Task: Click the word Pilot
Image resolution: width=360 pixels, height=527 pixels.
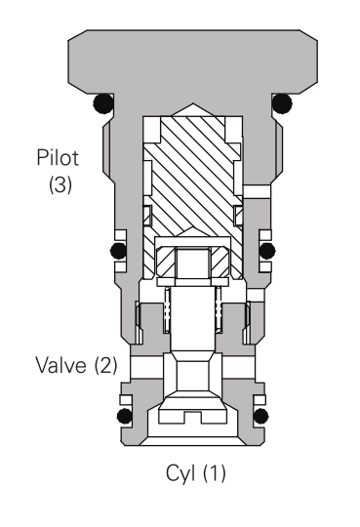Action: [x=58, y=157]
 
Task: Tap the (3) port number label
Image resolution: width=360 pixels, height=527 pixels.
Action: [x=60, y=184]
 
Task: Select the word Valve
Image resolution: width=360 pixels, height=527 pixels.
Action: [x=60, y=365]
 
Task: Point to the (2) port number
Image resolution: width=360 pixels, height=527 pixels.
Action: [x=105, y=365]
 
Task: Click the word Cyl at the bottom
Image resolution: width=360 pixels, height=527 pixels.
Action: [x=180, y=473]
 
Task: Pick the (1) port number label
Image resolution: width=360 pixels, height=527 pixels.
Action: [x=215, y=473]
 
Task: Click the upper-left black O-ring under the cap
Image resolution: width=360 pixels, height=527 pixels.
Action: [x=103, y=103]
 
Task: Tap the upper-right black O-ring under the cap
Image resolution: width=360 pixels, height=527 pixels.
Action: [x=282, y=103]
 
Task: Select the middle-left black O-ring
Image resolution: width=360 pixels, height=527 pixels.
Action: [x=118, y=250]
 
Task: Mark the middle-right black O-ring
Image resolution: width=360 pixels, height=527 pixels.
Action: [x=267, y=251]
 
